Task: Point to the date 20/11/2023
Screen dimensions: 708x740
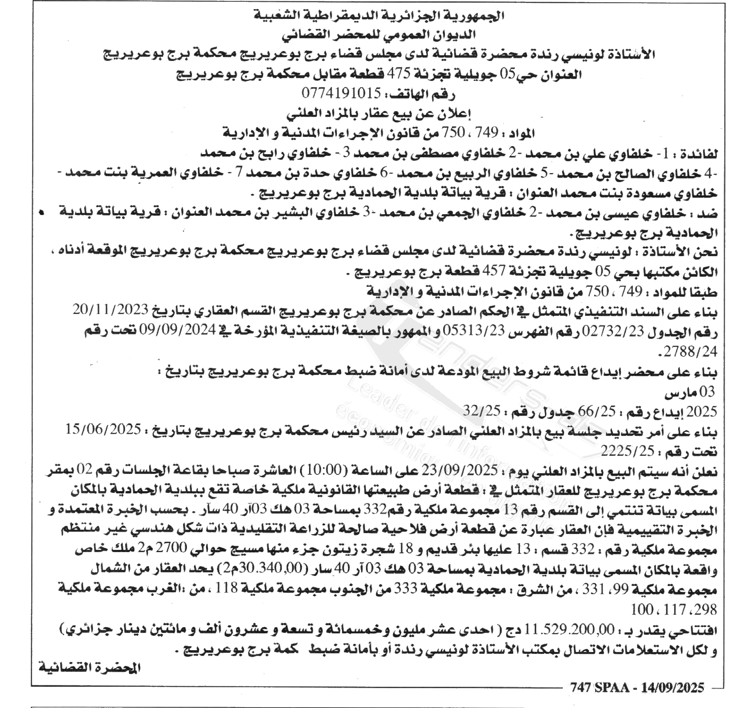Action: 110,310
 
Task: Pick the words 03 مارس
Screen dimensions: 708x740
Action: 690,392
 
